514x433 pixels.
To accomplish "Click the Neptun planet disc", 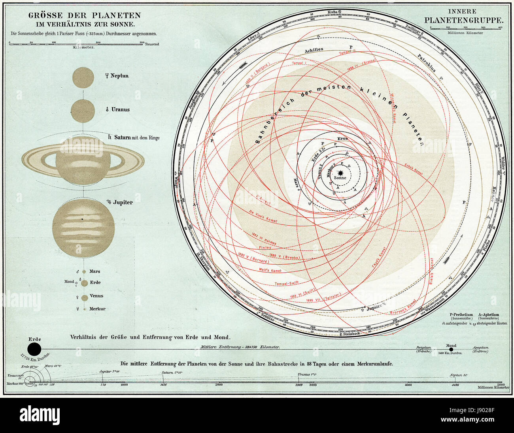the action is [83, 77].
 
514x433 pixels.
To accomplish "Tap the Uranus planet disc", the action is [83, 111].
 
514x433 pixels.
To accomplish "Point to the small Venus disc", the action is [85, 297].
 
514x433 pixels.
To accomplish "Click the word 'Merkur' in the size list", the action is [97, 309].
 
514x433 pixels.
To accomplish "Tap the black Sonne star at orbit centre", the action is [340, 173].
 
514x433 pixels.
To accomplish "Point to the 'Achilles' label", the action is [314, 50].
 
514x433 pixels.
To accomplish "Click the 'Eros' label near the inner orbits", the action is [342, 139].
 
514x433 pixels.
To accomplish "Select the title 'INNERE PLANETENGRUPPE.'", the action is [463, 15].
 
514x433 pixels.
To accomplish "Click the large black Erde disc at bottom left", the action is [35, 349].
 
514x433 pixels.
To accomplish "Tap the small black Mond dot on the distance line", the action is [451, 349].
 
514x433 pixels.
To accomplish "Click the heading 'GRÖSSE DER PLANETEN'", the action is [84, 16].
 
